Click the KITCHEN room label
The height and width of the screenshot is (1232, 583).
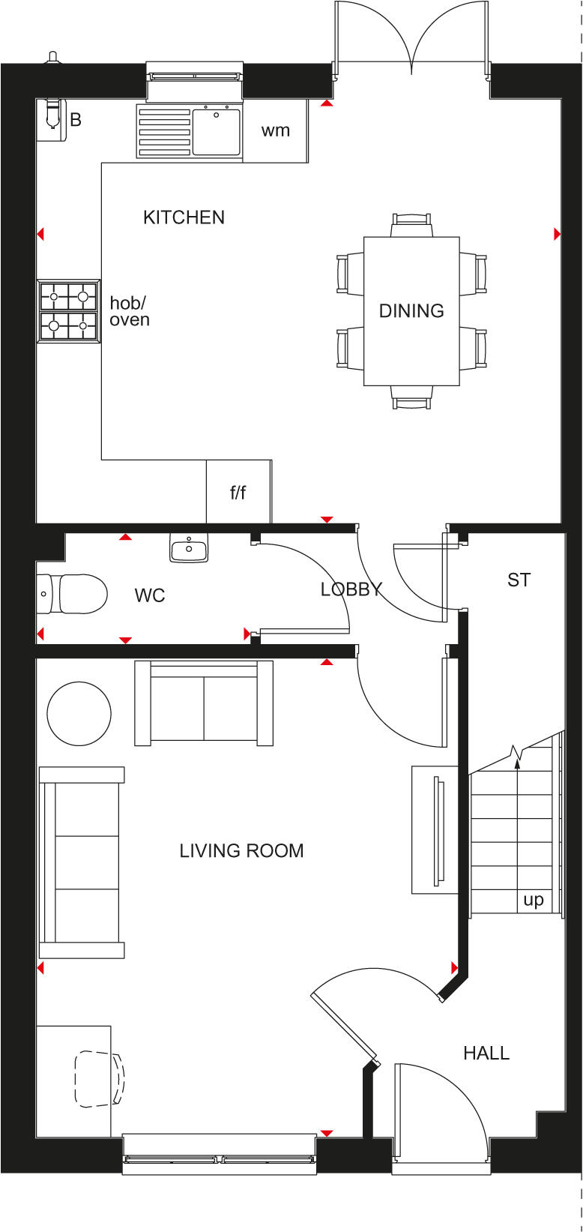tap(184, 217)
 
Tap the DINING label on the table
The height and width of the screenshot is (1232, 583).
tap(411, 310)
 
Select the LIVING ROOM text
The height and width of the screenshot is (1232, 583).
tap(241, 850)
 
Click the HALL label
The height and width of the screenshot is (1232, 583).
tap(486, 1053)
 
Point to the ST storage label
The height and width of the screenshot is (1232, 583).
tap(519, 580)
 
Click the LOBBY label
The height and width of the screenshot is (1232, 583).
tap(351, 589)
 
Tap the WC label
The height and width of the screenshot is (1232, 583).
tap(150, 596)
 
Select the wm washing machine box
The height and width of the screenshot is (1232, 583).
tap(275, 131)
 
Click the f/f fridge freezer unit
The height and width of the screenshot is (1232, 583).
tap(238, 493)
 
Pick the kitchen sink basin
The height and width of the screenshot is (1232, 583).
tap(217, 132)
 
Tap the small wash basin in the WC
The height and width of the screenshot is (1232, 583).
tap(189, 549)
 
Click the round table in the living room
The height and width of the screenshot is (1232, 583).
tap(79, 713)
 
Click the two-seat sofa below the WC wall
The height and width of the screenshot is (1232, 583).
tap(203, 703)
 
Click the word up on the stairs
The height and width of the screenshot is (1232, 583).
tap(534, 900)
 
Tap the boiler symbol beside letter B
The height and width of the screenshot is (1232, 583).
tap(52, 112)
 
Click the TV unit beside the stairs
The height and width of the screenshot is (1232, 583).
tap(435, 829)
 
